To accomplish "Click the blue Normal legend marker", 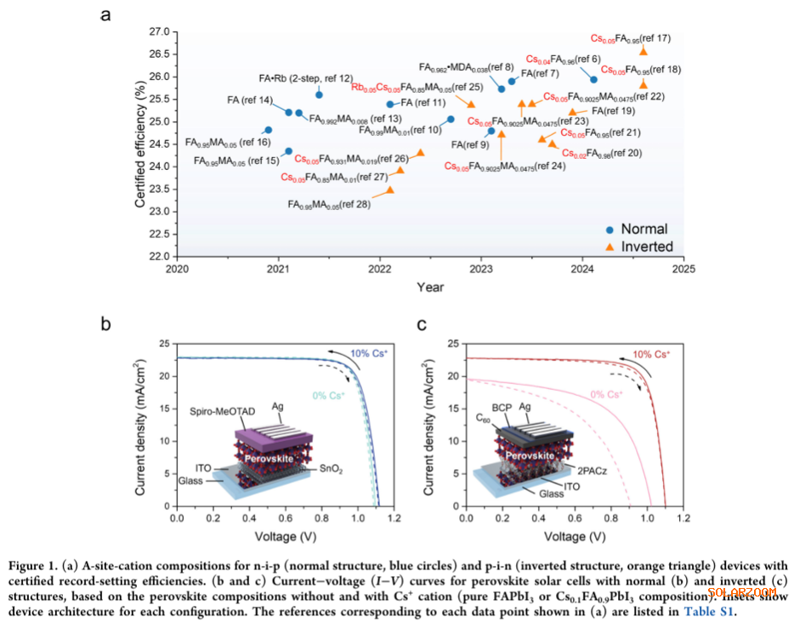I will pos(609,229).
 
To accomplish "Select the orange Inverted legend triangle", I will pos(609,246).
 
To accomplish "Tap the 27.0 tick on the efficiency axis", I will pos(157,31).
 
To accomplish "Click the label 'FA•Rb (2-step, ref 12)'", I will pos(305,78).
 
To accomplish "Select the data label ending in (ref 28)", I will pos(328,205).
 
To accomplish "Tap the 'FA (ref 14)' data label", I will pos(250,100).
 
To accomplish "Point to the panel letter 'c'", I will pos(420,324).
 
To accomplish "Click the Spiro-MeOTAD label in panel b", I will pos(222,411).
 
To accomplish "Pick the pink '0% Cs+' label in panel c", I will pos(604,393).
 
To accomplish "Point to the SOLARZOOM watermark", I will pos(741,592).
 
